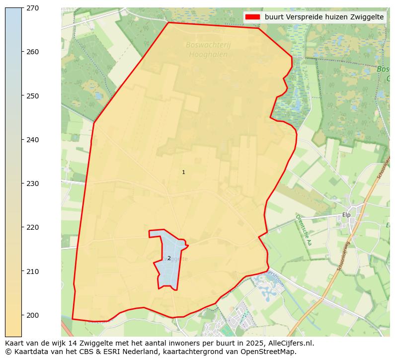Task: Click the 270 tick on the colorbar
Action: [33, 8]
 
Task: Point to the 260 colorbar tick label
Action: [33, 52]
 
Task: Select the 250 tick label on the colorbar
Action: [33, 95]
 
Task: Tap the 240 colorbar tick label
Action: [33, 140]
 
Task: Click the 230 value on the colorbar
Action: [33, 183]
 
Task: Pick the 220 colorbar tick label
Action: [33, 227]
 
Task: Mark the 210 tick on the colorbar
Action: [33, 271]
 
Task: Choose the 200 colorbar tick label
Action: [33, 315]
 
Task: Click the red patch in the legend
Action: [252, 17]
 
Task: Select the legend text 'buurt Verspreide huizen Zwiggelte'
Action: [324, 17]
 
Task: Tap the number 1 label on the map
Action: [183, 173]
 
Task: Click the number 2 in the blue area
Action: [169, 258]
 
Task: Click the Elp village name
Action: [346, 215]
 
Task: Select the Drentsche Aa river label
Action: [303, 230]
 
